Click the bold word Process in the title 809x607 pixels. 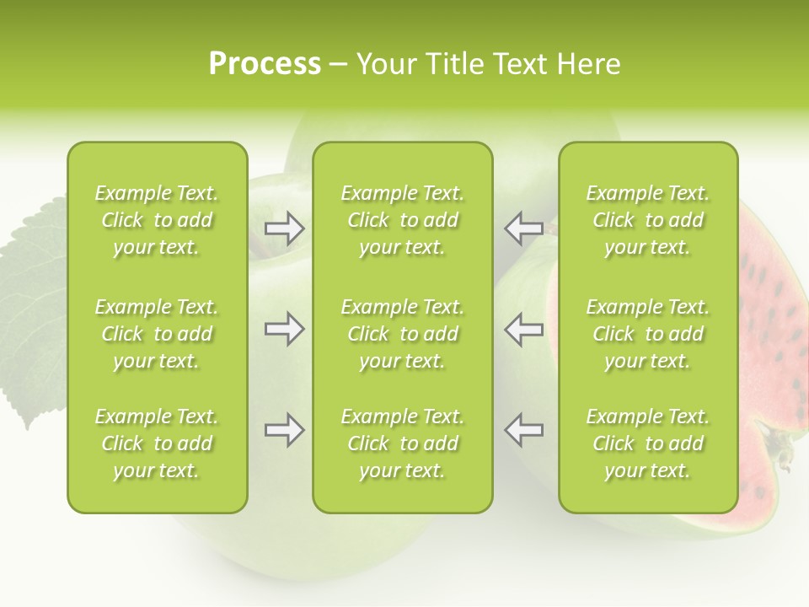click(x=265, y=64)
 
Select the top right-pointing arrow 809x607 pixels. click(x=285, y=228)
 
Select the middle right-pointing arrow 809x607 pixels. click(x=285, y=329)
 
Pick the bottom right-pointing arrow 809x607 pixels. click(x=285, y=430)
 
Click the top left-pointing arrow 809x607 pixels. click(x=523, y=228)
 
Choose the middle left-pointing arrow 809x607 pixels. click(x=523, y=329)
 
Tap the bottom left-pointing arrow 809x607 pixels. click(x=523, y=430)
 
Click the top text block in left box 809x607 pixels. click(x=157, y=220)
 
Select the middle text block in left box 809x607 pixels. click(x=157, y=334)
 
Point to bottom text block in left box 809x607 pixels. click(x=157, y=443)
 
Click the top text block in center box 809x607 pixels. click(x=402, y=220)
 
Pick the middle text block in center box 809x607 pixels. click(x=402, y=334)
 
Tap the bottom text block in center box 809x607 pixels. click(x=402, y=443)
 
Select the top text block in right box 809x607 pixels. click(x=647, y=220)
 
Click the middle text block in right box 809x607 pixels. click(x=647, y=334)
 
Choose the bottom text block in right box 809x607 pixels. click(x=647, y=443)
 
